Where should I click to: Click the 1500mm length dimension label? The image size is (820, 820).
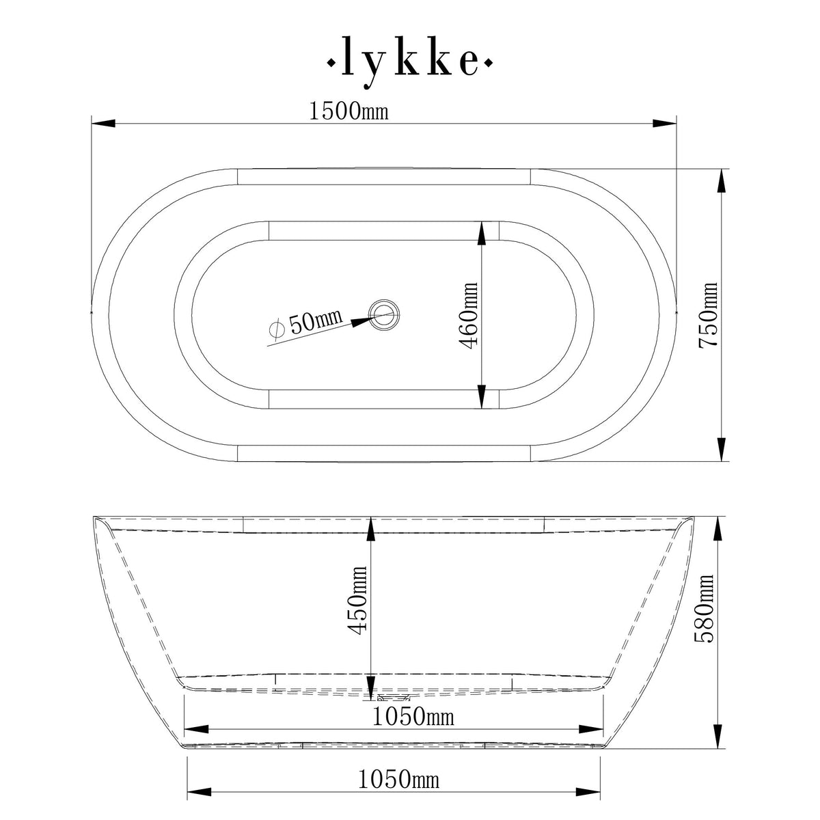point(348,111)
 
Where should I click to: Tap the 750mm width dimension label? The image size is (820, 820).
point(709,316)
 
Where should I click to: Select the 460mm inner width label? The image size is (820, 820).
point(470,316)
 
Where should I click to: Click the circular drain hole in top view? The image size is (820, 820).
point(383,314)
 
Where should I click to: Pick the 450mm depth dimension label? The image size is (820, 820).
point(357,600)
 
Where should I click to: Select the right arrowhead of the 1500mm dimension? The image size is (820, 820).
point(664,124)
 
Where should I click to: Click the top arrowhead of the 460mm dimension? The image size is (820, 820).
point(482,234)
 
